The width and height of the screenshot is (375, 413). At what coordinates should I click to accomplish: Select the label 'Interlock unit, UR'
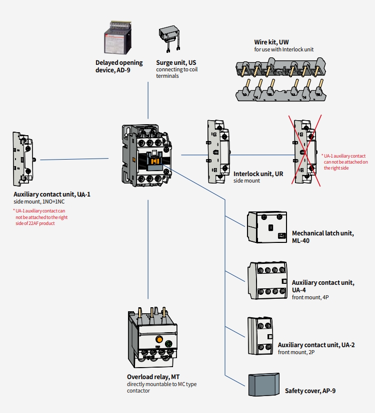click(x=258, y=174)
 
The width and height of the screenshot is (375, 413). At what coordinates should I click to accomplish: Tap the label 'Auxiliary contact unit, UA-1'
click(x=52, y=194)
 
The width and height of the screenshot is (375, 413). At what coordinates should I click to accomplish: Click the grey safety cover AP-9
click(x=263, y=385)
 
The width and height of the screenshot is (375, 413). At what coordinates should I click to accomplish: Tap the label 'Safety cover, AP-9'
click(x=310, y=391)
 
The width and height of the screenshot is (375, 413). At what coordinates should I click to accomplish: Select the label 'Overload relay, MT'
click(x=153, y=377)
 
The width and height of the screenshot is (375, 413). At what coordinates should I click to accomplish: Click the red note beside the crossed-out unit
click(x=345, y=162)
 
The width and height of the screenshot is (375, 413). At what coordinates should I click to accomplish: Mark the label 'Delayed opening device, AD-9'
click(x=119, y=66)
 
